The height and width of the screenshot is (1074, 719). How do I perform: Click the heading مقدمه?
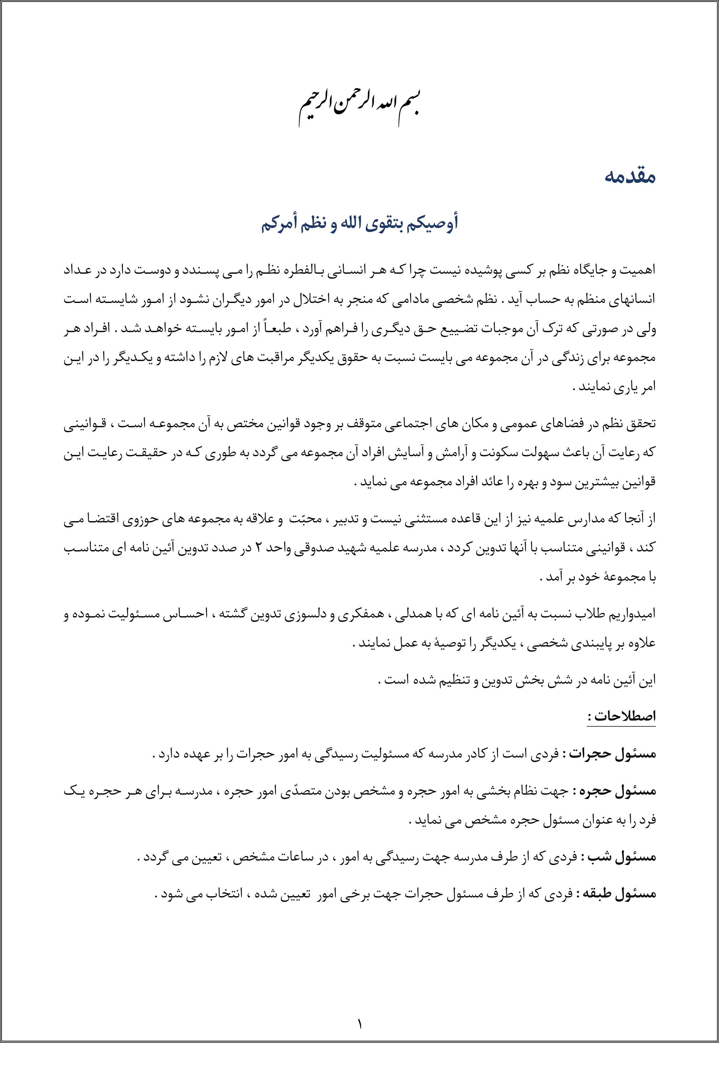point(629,177)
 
